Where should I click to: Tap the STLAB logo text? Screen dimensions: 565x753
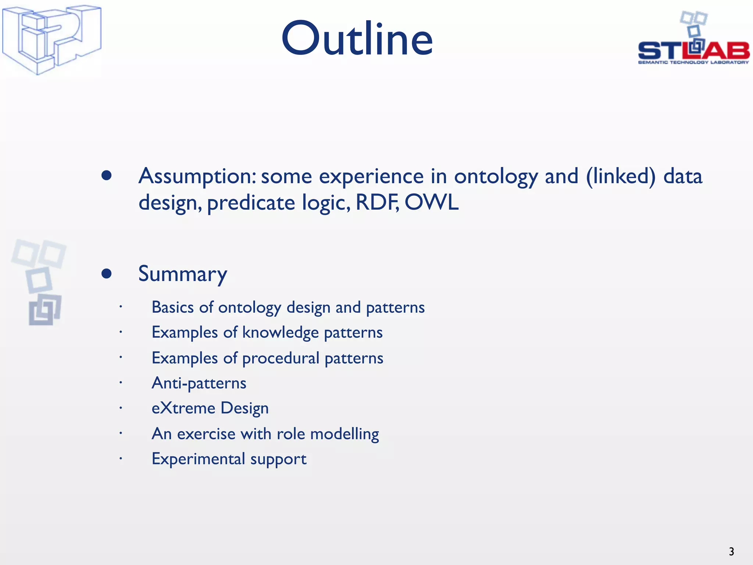tap(693, 50)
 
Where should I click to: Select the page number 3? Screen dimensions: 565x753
tap(731, 551)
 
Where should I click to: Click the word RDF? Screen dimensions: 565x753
tap(377, 202)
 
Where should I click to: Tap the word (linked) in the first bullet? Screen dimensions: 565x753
tap(620, 176)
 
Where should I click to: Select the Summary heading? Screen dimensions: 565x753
tap(182, 274)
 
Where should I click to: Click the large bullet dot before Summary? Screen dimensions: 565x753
tap(107, 274)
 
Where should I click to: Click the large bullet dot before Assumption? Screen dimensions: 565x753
tap(107, 175)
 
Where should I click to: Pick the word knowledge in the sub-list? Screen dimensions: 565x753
tap(280, 333)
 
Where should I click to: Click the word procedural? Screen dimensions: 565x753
tap(281, 358)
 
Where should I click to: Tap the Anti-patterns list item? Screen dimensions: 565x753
tap(199, 383)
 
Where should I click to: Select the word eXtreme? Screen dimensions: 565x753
tap(183, 408)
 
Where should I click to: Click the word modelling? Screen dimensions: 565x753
tap(345, 434)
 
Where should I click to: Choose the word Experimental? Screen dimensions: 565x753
tap(198, 459)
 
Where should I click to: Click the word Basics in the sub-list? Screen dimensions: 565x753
tap(172, 308)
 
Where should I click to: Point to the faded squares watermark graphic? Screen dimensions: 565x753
tap(39, 281)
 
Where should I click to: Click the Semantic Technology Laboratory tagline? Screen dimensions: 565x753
tap(693, 63)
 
